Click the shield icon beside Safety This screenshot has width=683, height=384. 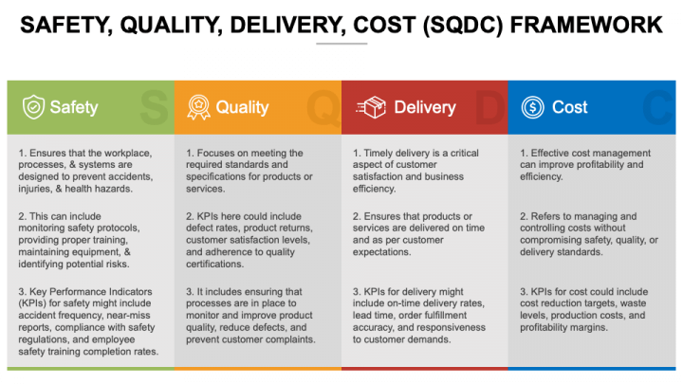[x=33, y=107]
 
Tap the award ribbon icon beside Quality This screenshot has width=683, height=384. [x=197, y=107]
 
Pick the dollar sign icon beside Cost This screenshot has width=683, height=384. [x=532, y=107]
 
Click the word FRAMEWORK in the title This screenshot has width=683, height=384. [x=583, y=22]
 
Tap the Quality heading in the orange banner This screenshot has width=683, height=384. [x=242, y=107]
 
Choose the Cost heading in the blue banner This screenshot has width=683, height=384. [x=569, y=107]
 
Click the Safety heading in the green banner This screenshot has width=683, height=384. [x=73, y=107]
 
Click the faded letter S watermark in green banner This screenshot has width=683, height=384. [x=152, y=107]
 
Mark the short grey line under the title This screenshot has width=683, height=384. [x=341, y=44]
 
